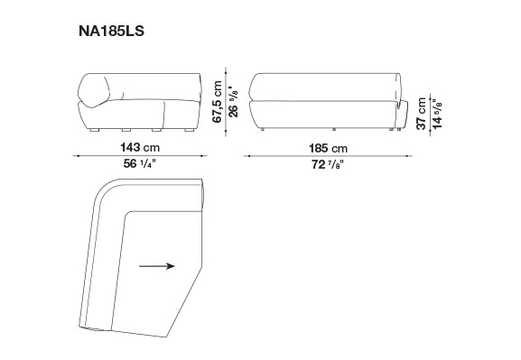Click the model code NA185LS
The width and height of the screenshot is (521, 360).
111,31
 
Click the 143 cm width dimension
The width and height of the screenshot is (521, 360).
140,147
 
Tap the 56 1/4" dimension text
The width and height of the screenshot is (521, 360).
140,163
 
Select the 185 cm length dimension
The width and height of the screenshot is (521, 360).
328,148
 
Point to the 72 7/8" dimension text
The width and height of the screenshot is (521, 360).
328,164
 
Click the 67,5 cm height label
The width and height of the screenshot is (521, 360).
218,102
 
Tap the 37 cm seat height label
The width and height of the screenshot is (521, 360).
422,114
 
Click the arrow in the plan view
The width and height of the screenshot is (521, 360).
157,266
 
